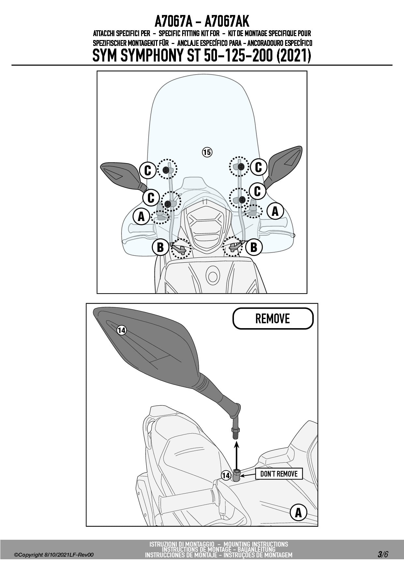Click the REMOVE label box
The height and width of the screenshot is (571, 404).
pyautogui.click(x=273, y=318)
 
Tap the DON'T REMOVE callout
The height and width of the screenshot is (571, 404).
pyautogui.click(x=279, y=474)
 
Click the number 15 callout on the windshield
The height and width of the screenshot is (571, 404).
pyautogui.click(x=207, y=152)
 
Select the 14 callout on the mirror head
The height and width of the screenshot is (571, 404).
pyautogui.click(x=122, y=330)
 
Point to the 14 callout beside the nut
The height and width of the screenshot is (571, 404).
pyautogui.click(x=226, y=476)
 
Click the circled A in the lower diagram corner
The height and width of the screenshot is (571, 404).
pyautogui.click(x=298, y=513)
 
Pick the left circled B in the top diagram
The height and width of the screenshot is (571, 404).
pyautogui.click(x=160, y=247)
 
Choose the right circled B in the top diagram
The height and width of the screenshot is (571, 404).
pyautogui.click(x=254, y=247)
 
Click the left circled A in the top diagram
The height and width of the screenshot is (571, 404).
pyautogui.click(x=141, y=216)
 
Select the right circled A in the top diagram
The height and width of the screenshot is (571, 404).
pyautogui.click(x=275, y=211)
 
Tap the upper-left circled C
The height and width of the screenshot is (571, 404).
pyautogui.click(x=148, y=170)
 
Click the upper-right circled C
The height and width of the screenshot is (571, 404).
pyautogui.click(x=259, y=167)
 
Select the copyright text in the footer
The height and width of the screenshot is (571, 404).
pyautogui.click(x=54, y=555)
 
